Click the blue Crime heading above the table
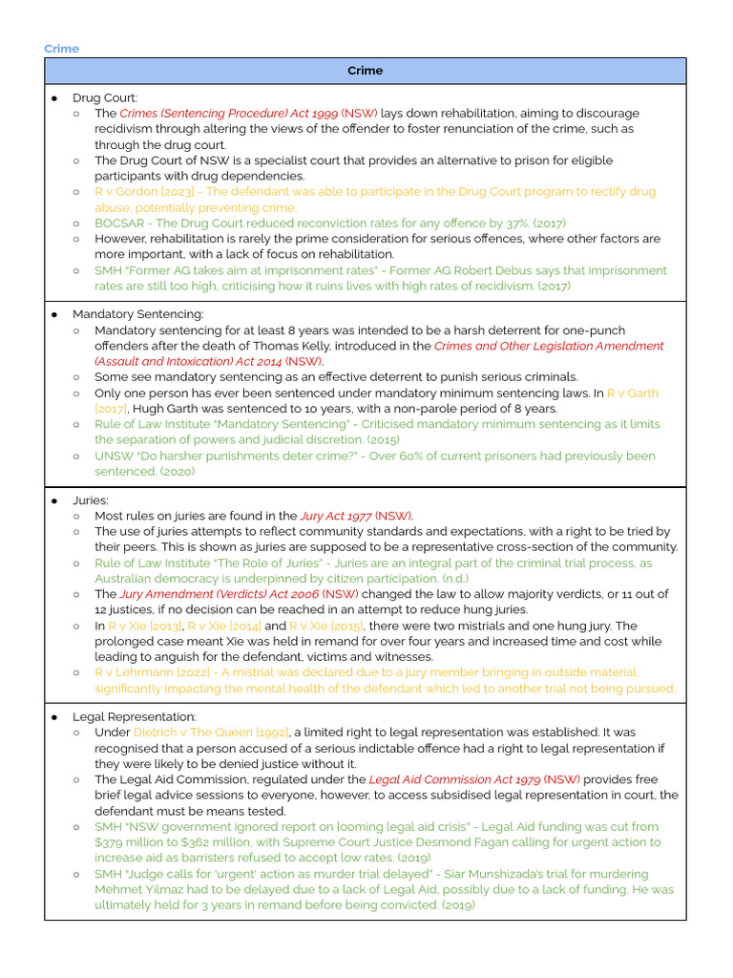tap(61, 49)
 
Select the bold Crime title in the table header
tap(365, 71)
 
